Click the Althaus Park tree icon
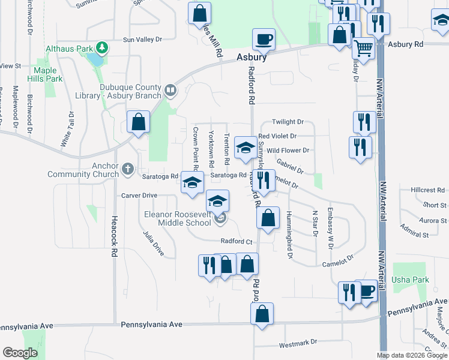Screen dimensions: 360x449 coord(103,47)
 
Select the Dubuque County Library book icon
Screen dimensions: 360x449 coord(171,91)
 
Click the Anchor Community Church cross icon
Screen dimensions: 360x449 coord(128,170)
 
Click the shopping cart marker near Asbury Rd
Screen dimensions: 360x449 coord(363,46)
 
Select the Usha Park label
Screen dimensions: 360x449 coord(410,280)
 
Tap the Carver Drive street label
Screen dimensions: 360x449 coord(139,196)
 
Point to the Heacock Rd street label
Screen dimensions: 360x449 coord(113,237)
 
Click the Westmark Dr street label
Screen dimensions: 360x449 coord(298,343)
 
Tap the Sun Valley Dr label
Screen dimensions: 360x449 coord(142,40)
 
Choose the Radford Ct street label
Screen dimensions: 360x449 coord(236,241)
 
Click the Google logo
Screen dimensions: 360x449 coord(20,353)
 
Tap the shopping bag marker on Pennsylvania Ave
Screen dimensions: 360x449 coord(262,314)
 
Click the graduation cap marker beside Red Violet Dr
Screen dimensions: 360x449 coord(245,148)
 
